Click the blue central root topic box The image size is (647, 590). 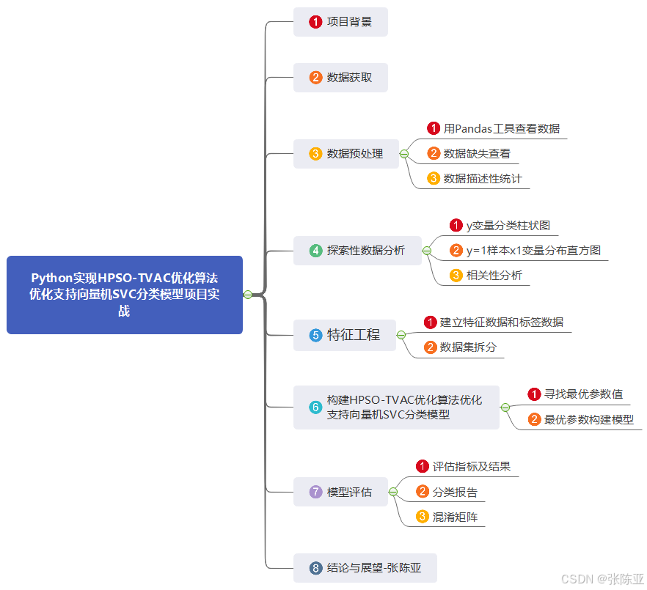pos(125,295)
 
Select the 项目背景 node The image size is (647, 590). pos(340,22)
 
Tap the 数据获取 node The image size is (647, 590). pos(340,77)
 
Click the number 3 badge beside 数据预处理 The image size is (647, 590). pos(315,154)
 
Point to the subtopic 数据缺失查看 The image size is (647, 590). pos(477,154)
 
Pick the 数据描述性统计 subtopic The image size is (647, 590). pos(482,178)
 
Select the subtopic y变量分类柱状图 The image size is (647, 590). pos(508,226)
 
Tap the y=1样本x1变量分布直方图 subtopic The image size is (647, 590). pos(533,251)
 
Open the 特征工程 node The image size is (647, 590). pos(345,335)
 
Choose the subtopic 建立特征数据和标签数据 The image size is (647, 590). pos(502,322)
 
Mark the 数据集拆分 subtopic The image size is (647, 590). pos(468,347)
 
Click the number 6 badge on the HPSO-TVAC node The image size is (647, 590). pos(315,408)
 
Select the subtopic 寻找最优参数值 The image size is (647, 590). pos(583,394)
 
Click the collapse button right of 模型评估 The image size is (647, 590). pos(393,492)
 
